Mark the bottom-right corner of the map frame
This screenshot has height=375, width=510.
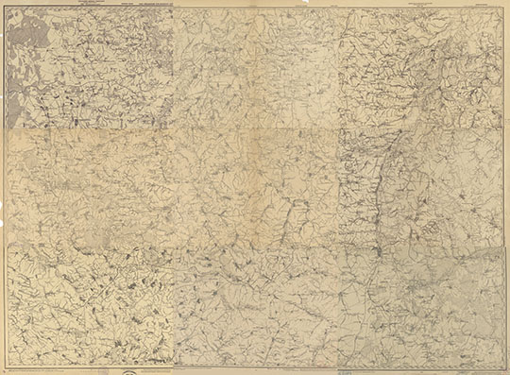pyautogui.click(x=504, y=366)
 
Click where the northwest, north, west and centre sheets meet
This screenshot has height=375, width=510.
pyautogui.click(x=174, y=128)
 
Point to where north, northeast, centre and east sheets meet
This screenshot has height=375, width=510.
pyautogui.click(x=338, y=128)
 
